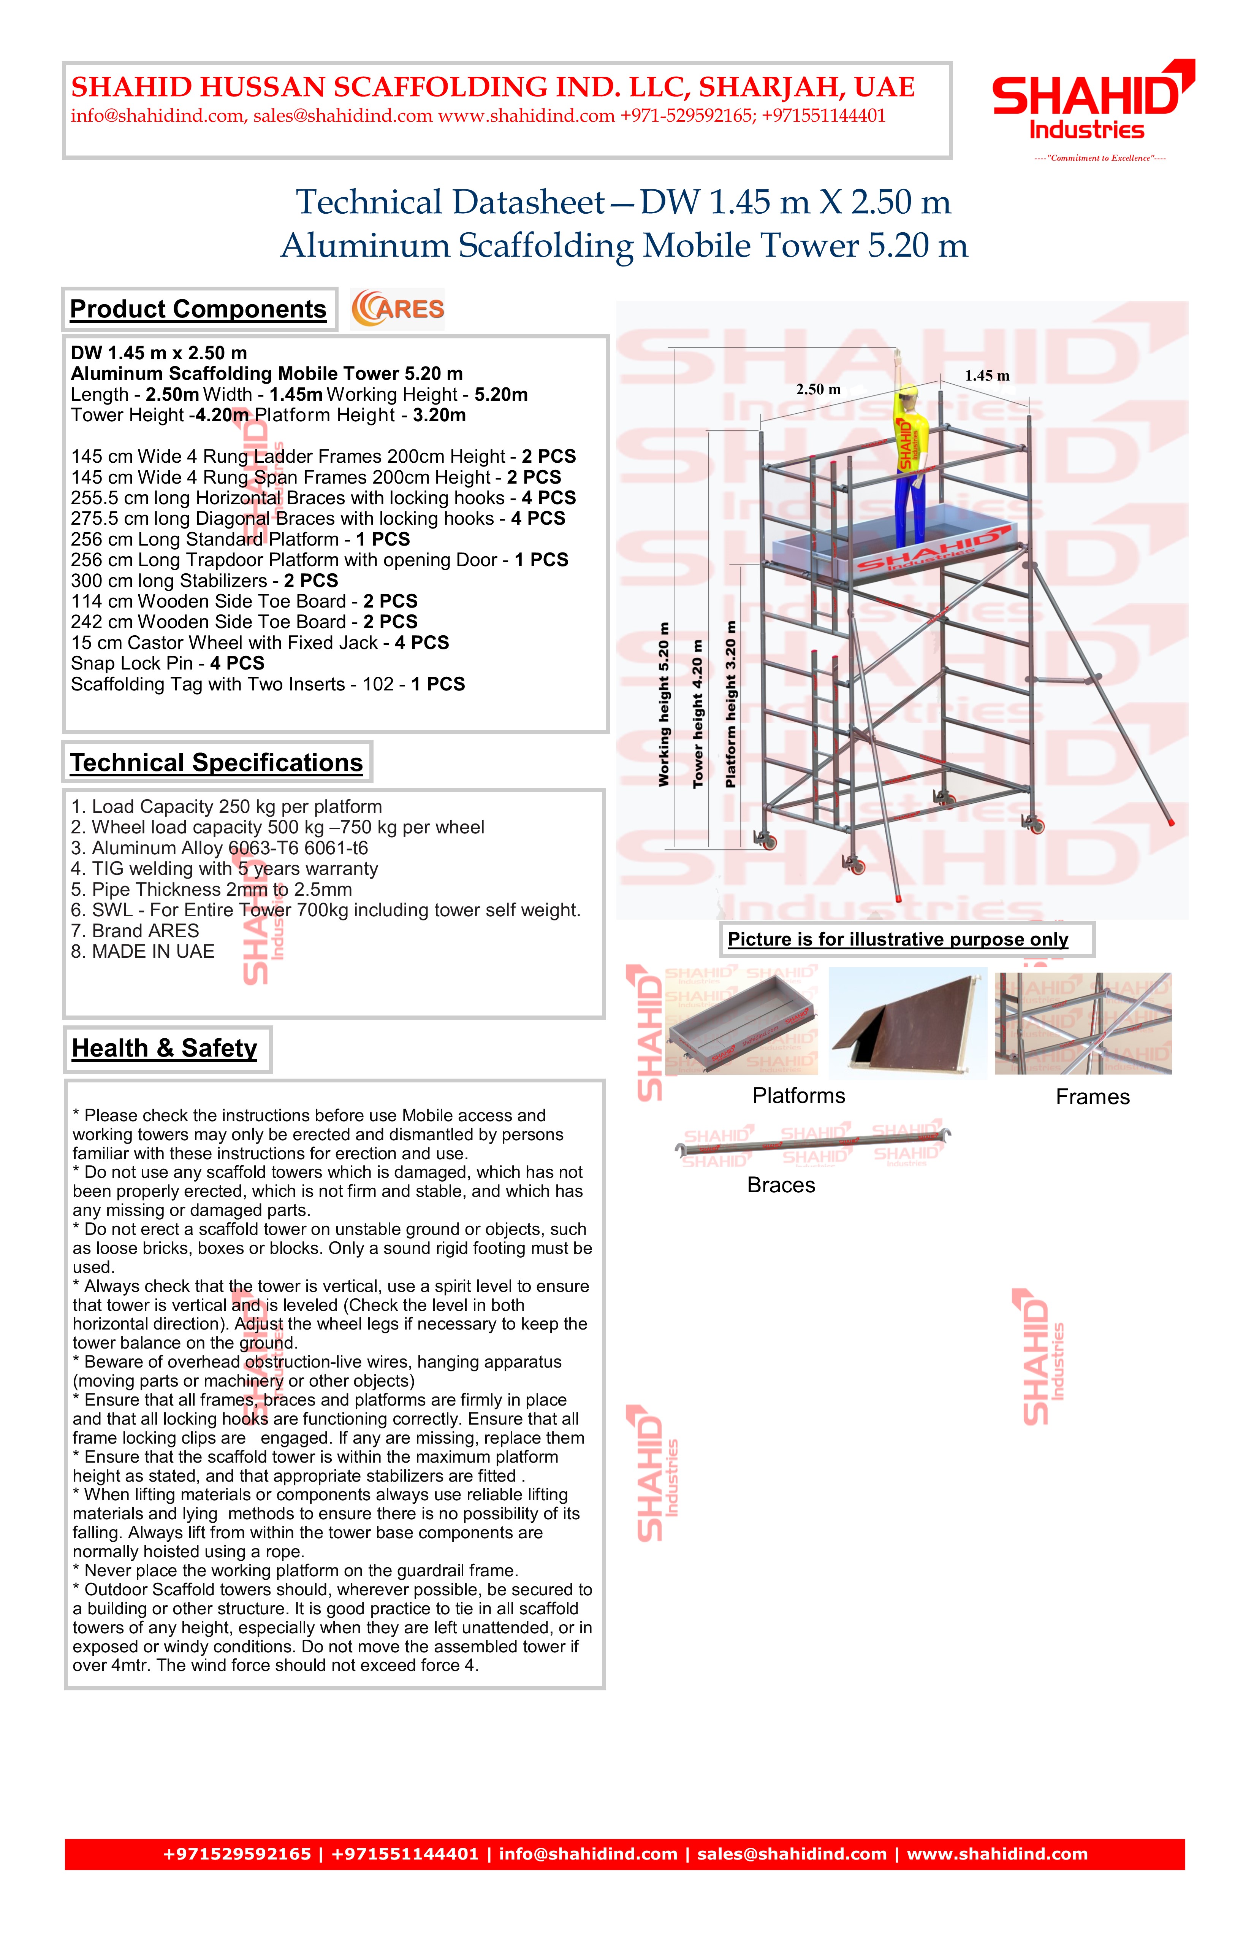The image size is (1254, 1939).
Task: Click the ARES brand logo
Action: tap(397, 309)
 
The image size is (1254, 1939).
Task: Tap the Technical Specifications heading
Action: tap(217, 763)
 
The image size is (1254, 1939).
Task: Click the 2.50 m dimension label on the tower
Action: tap(819, 389)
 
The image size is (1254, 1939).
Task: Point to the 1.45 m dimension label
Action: tap(987, 376)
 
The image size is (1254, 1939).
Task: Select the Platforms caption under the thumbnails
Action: tap(799, 1096)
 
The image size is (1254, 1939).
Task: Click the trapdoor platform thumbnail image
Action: tap(907, 1023)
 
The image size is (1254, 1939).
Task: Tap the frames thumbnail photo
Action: tap(1083, 1023)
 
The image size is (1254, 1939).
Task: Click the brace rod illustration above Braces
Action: tap(813, 1144)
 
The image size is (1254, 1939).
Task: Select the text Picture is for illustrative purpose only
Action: tap(898, 939)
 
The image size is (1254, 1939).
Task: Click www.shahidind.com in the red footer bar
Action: tap(997, 1854)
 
